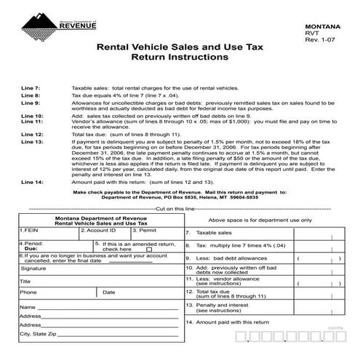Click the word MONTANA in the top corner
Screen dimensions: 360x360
click(324, 25)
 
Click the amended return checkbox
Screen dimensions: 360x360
click(150, 249)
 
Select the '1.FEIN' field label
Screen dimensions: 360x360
click(30, 231)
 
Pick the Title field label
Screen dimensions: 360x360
click(25, 281)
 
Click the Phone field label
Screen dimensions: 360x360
click(28, 292)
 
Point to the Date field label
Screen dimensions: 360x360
click(109, 292)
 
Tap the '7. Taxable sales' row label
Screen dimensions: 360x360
click(210, 233)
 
